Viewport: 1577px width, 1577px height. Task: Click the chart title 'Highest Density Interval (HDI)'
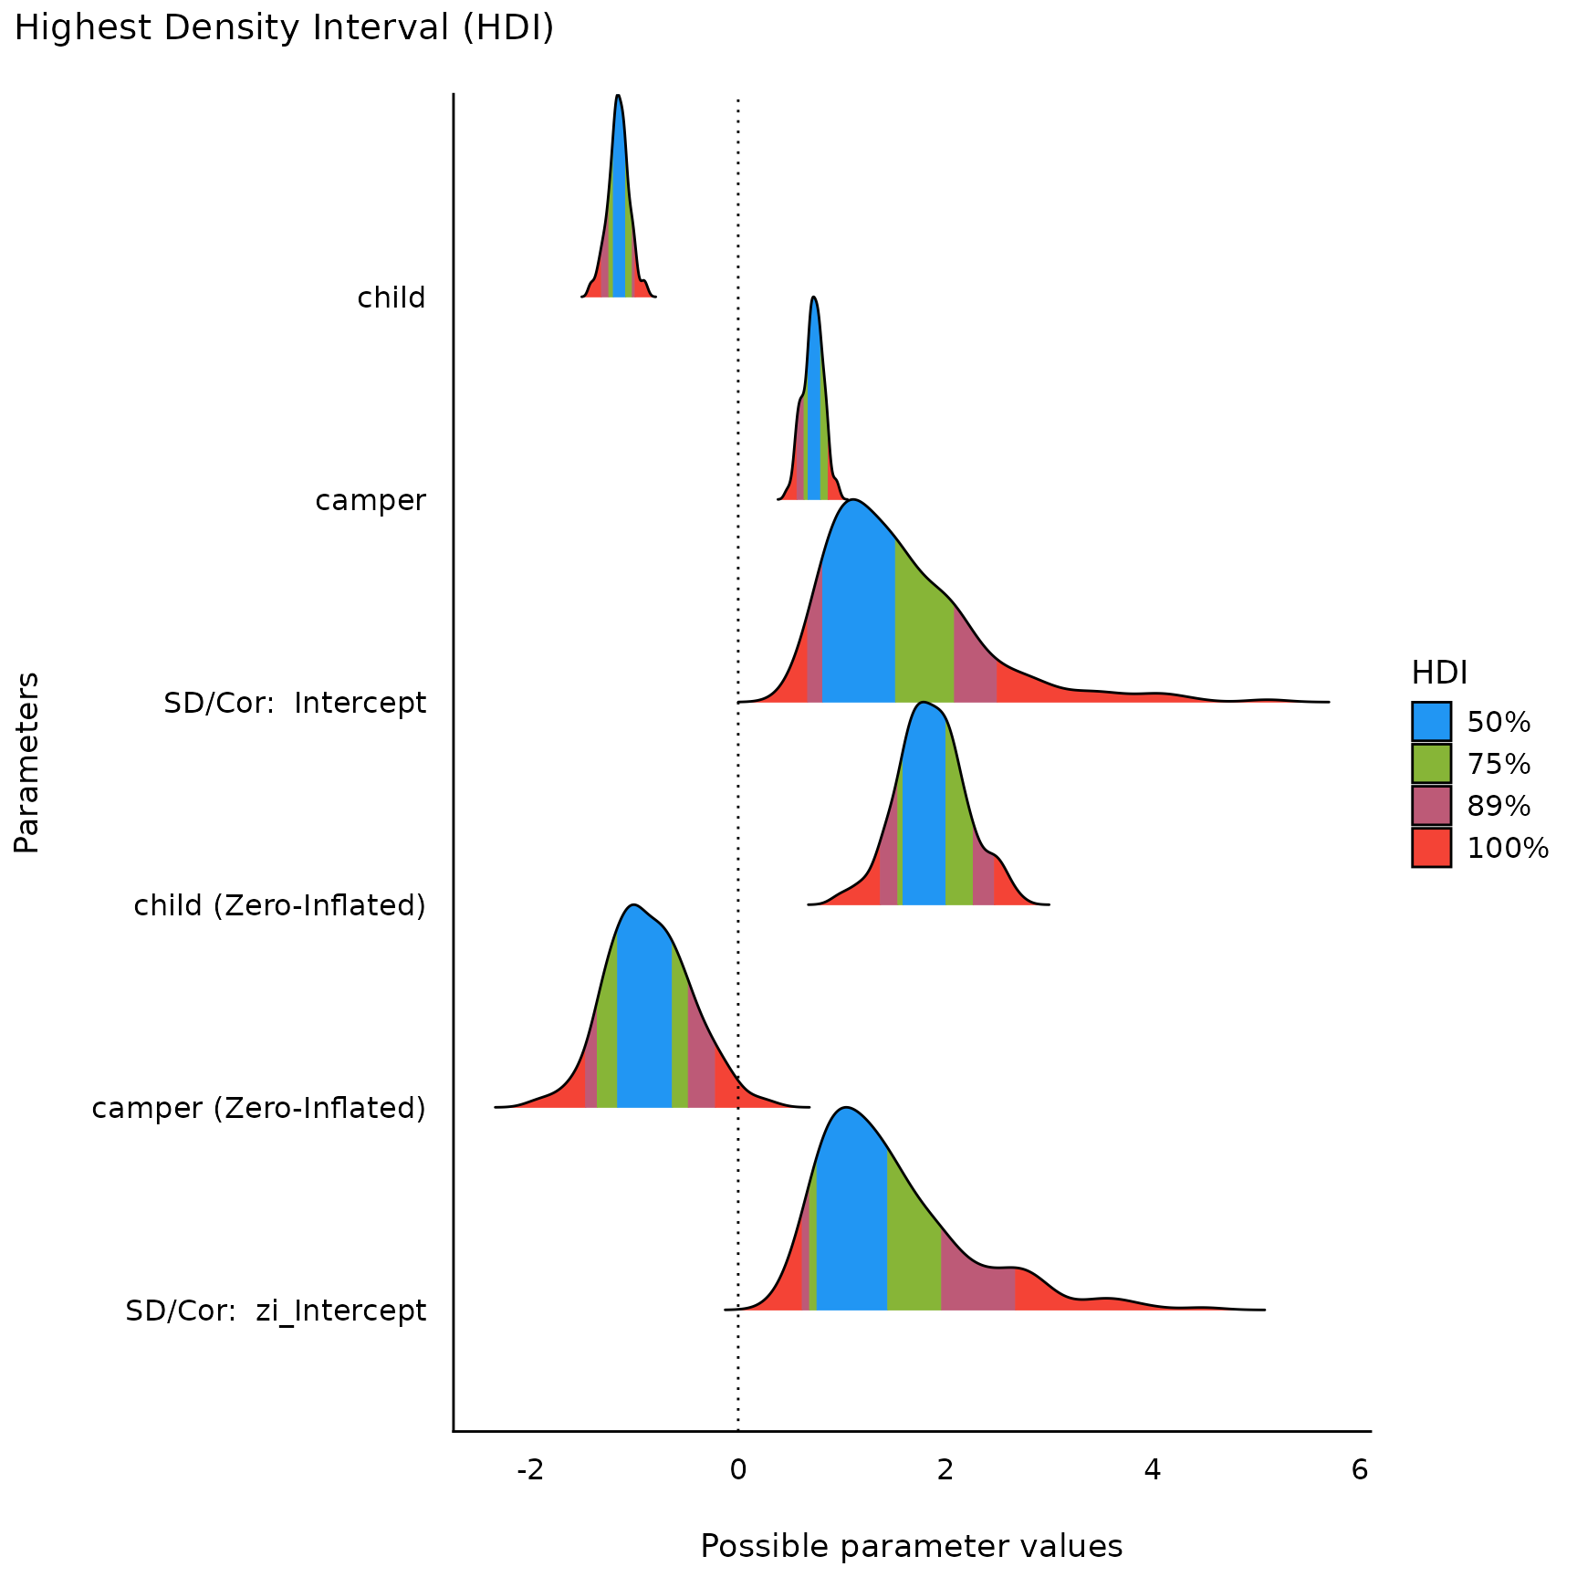[x=284, y=28]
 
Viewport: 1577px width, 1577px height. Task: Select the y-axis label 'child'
[x=391, y=298]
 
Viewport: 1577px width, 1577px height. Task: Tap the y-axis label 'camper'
[x=371, y=500]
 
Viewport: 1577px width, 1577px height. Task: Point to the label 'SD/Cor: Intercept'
[x=295, y=703]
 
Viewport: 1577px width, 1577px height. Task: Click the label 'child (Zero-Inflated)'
[x=279, y=905]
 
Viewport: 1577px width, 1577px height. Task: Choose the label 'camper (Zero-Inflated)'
[x=258, y=1108]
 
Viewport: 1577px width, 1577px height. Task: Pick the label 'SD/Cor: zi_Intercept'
[x=276, y=1311]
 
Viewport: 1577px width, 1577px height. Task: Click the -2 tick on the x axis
[x=530, y=1470]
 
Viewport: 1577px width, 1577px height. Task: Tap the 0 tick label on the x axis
[x=737, y=1470]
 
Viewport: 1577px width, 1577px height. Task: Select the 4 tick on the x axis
[x=1153, y=1470]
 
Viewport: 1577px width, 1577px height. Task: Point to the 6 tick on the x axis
[x=1360, y=1470]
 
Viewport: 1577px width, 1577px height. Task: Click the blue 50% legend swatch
[x=1431, y=721]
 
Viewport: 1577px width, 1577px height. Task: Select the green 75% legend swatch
[x=1431, y=763]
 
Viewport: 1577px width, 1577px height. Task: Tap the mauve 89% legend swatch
[x=1431, y=805]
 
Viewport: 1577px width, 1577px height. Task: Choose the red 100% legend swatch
[x=1431, y=847]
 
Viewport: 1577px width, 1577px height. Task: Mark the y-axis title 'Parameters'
[x=27, y=762]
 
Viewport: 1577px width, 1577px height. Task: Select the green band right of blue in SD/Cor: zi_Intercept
[x=913, y=1259]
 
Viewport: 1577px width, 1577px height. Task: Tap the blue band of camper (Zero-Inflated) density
[x=643, y=1022]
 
